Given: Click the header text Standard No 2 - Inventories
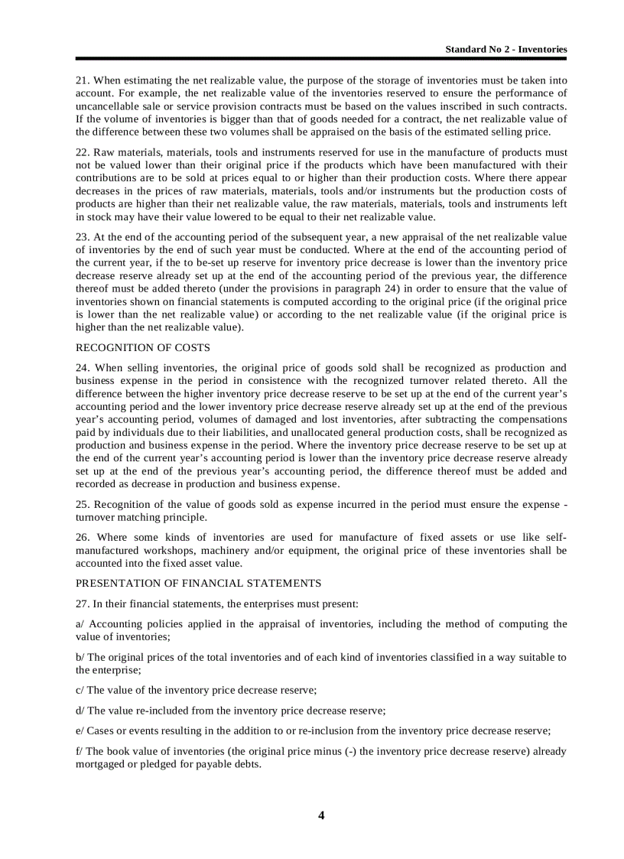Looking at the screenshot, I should pos(506,49).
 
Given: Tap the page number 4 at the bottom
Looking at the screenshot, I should pos(321,815).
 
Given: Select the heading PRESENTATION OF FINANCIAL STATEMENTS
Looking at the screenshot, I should pos(198,583).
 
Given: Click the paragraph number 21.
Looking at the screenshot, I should pos(82,80).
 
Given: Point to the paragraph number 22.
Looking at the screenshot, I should pos(82,153).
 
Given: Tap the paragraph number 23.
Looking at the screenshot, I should pos(82,238).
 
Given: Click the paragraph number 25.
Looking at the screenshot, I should pos(82,505).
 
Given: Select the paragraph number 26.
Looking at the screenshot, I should pos(82,538).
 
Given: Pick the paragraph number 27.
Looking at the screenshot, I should pos(82,604).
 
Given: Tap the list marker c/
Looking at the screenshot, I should pos(80,690).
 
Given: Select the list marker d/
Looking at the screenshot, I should pos(80,711).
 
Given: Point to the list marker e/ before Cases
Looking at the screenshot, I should pos(80,730).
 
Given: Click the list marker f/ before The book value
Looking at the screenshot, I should pos(79,751).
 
